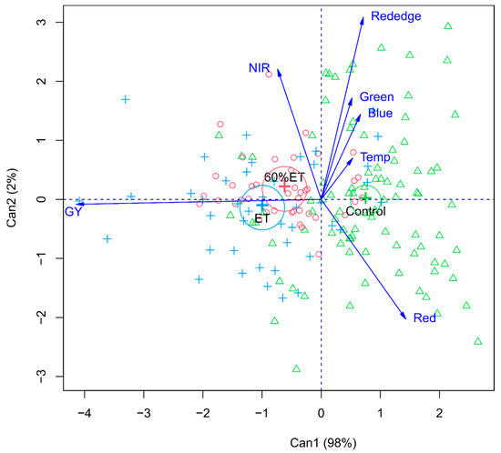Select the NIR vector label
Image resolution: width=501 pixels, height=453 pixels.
point(261,68)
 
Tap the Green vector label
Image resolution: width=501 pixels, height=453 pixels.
point(376,97)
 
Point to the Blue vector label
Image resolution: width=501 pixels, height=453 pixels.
point(380,114)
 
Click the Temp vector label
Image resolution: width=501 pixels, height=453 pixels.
point(374,158)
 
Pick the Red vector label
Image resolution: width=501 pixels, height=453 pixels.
point(424,318)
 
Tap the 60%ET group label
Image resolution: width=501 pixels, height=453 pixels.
point(284,176)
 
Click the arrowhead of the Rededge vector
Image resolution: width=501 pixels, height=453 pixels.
point(363,19)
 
